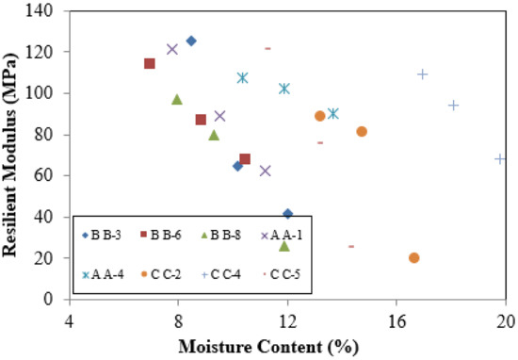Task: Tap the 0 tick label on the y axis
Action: coord(53,299)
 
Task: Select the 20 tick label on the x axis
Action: coord(505,319)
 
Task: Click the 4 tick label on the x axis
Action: coord(69,319)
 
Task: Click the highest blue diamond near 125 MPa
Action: coord(191,41)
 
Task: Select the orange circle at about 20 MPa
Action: coord(414,257)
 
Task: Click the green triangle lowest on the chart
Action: coord(284,246)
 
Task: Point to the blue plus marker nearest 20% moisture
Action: coord(500,158)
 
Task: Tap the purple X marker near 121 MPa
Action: coord(172,49)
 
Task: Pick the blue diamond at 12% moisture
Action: coord(288,214)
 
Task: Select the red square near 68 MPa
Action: coord(245,159)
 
